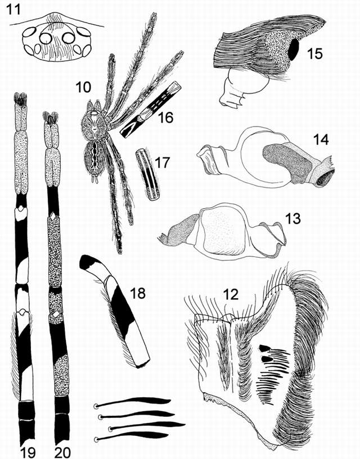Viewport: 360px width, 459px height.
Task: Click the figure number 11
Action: (13, 9)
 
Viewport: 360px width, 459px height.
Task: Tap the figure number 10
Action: (83, 87)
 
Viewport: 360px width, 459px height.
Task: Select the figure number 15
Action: (314, 53)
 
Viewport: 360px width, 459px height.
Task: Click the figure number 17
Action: (162, 163)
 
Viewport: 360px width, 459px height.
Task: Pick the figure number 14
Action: (321, 139)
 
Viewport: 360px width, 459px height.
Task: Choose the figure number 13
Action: (292, 218)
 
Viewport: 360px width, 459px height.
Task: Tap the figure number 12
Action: (231, 294)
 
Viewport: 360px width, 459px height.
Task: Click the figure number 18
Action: (137, 292)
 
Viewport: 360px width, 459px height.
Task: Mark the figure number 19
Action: (28, 452)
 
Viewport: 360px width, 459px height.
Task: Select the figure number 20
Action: (62, 452)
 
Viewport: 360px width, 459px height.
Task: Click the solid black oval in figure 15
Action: (294, 49)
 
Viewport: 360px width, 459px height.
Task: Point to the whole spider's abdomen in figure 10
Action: (94, 157)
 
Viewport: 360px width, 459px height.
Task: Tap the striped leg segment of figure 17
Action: (148, 175)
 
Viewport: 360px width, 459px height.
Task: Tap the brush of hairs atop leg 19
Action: (20, 99)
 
